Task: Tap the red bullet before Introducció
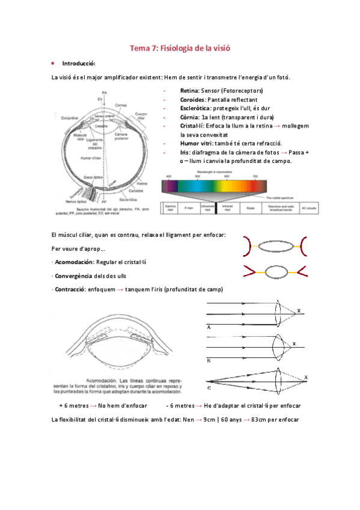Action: (53, 63)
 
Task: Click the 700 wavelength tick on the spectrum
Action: (255, 176)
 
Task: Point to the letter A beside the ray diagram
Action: (209, 327)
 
